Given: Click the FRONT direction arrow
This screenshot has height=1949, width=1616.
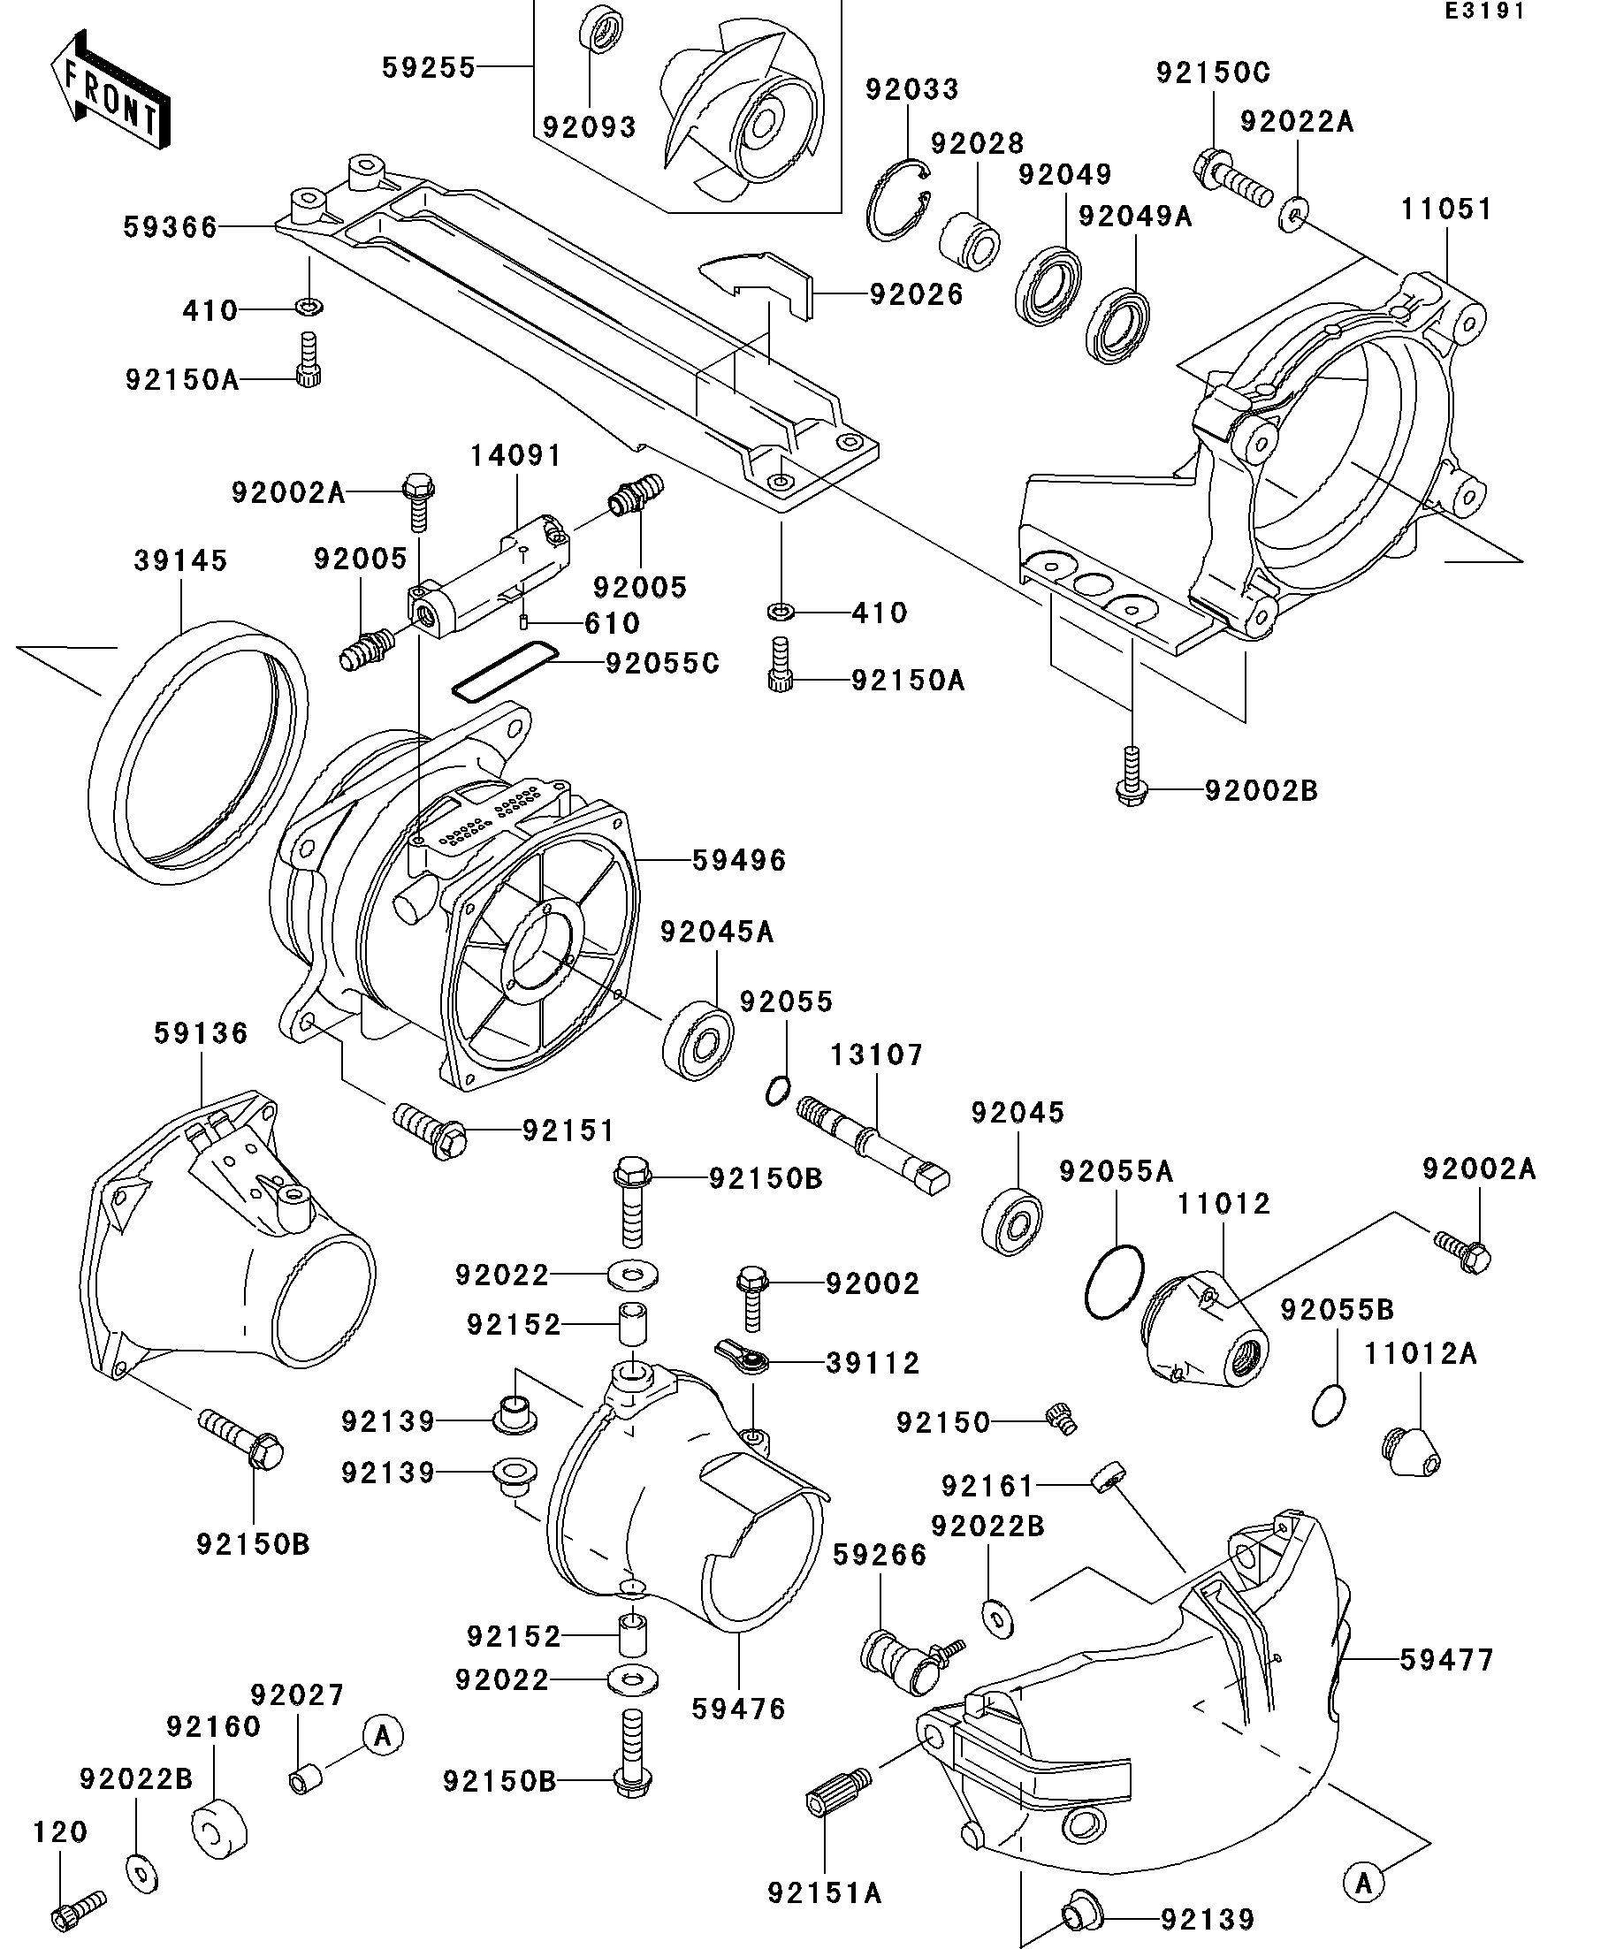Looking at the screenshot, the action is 110,90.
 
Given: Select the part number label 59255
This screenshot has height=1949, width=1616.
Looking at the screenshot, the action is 429,67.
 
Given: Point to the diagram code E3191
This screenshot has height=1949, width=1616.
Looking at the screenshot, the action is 1483,12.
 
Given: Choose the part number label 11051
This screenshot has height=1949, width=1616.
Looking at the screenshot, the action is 1446,209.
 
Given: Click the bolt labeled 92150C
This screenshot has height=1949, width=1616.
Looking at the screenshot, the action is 1230,183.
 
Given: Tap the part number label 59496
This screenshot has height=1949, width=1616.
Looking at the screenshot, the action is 740,860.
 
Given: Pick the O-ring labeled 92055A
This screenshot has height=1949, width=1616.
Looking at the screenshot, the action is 1114,1282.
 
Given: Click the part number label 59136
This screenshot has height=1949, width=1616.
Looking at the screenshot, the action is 202,1032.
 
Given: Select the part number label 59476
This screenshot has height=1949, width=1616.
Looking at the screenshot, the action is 739,1708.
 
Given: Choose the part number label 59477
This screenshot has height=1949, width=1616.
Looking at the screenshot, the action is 1447,1659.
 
